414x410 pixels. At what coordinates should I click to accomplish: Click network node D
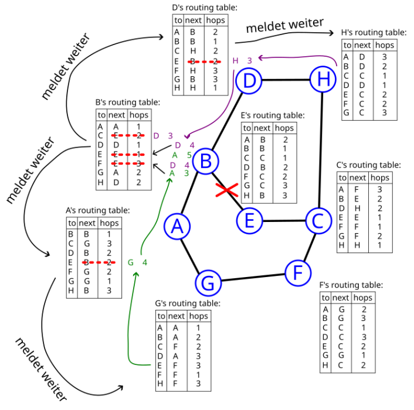[250, 80]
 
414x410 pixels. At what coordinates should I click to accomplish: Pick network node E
[249, 220]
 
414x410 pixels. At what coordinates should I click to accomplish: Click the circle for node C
[318, 220]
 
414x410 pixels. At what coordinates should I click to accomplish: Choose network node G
[208, 282]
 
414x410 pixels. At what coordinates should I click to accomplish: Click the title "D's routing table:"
[205, 8]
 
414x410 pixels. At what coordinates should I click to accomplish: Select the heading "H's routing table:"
[374, 33]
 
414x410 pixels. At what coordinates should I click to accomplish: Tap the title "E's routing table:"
[273, 115]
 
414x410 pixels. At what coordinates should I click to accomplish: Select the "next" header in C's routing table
[357, 177]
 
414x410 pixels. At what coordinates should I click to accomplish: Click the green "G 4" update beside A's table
[137, 262]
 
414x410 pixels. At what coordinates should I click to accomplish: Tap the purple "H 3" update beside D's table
[242, 60]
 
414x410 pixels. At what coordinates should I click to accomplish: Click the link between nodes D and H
[286, 80]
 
